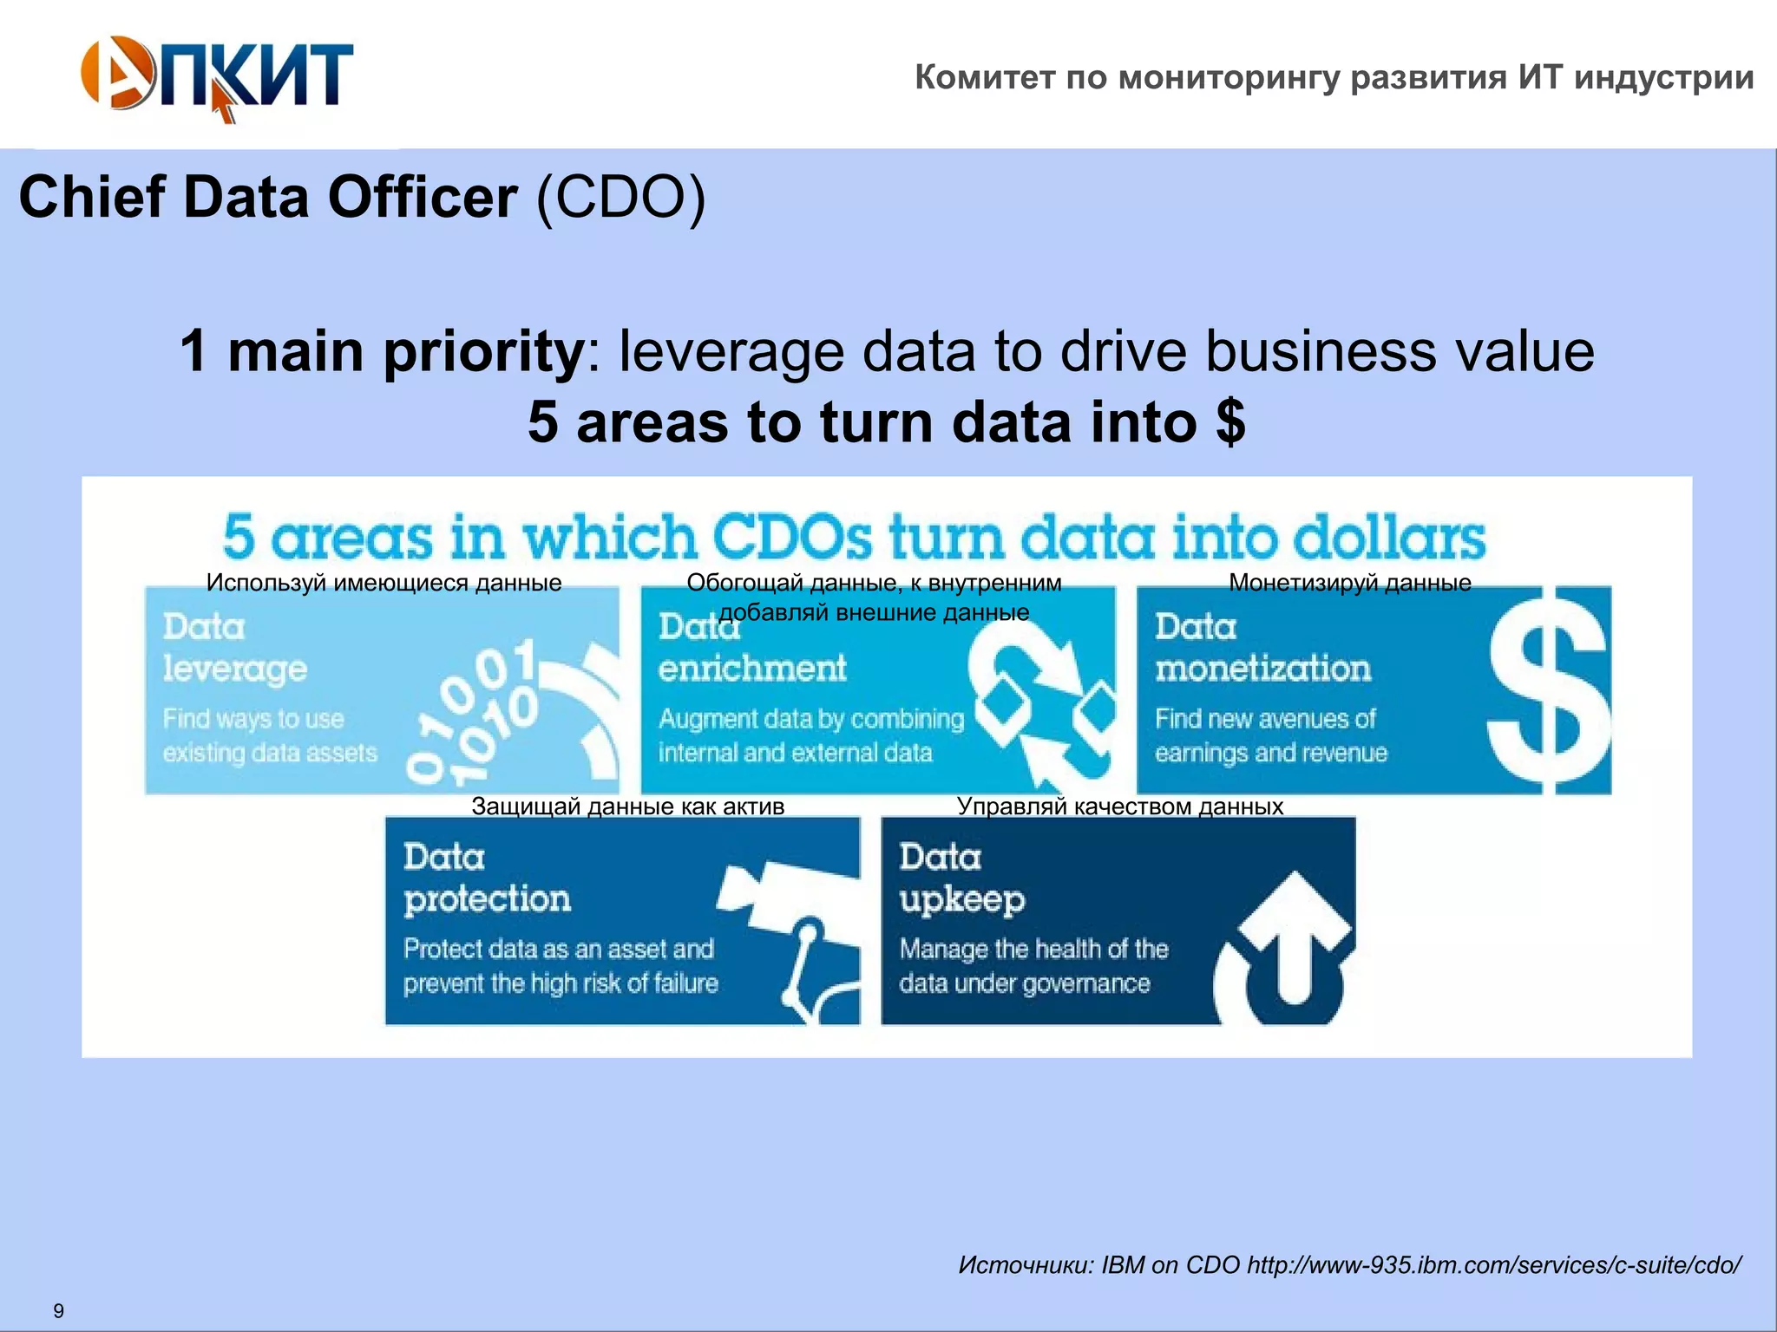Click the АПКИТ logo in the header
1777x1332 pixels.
(217, 76)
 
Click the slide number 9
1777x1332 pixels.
(58, 1310)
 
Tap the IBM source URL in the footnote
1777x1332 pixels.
(1493, 1265)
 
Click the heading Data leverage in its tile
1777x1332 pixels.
(234, 648)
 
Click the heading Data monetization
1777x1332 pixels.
(1262, 648)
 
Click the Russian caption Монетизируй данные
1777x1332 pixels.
(1350, 583)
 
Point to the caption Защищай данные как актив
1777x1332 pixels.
(627, 806)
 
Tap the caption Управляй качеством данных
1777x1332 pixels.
(1119, 806)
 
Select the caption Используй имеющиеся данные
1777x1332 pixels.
(384, 583)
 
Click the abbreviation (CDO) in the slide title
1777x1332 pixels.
(620, 198)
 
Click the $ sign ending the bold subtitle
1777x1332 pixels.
(1230, 421)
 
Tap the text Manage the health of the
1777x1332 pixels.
(1033, 949)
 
